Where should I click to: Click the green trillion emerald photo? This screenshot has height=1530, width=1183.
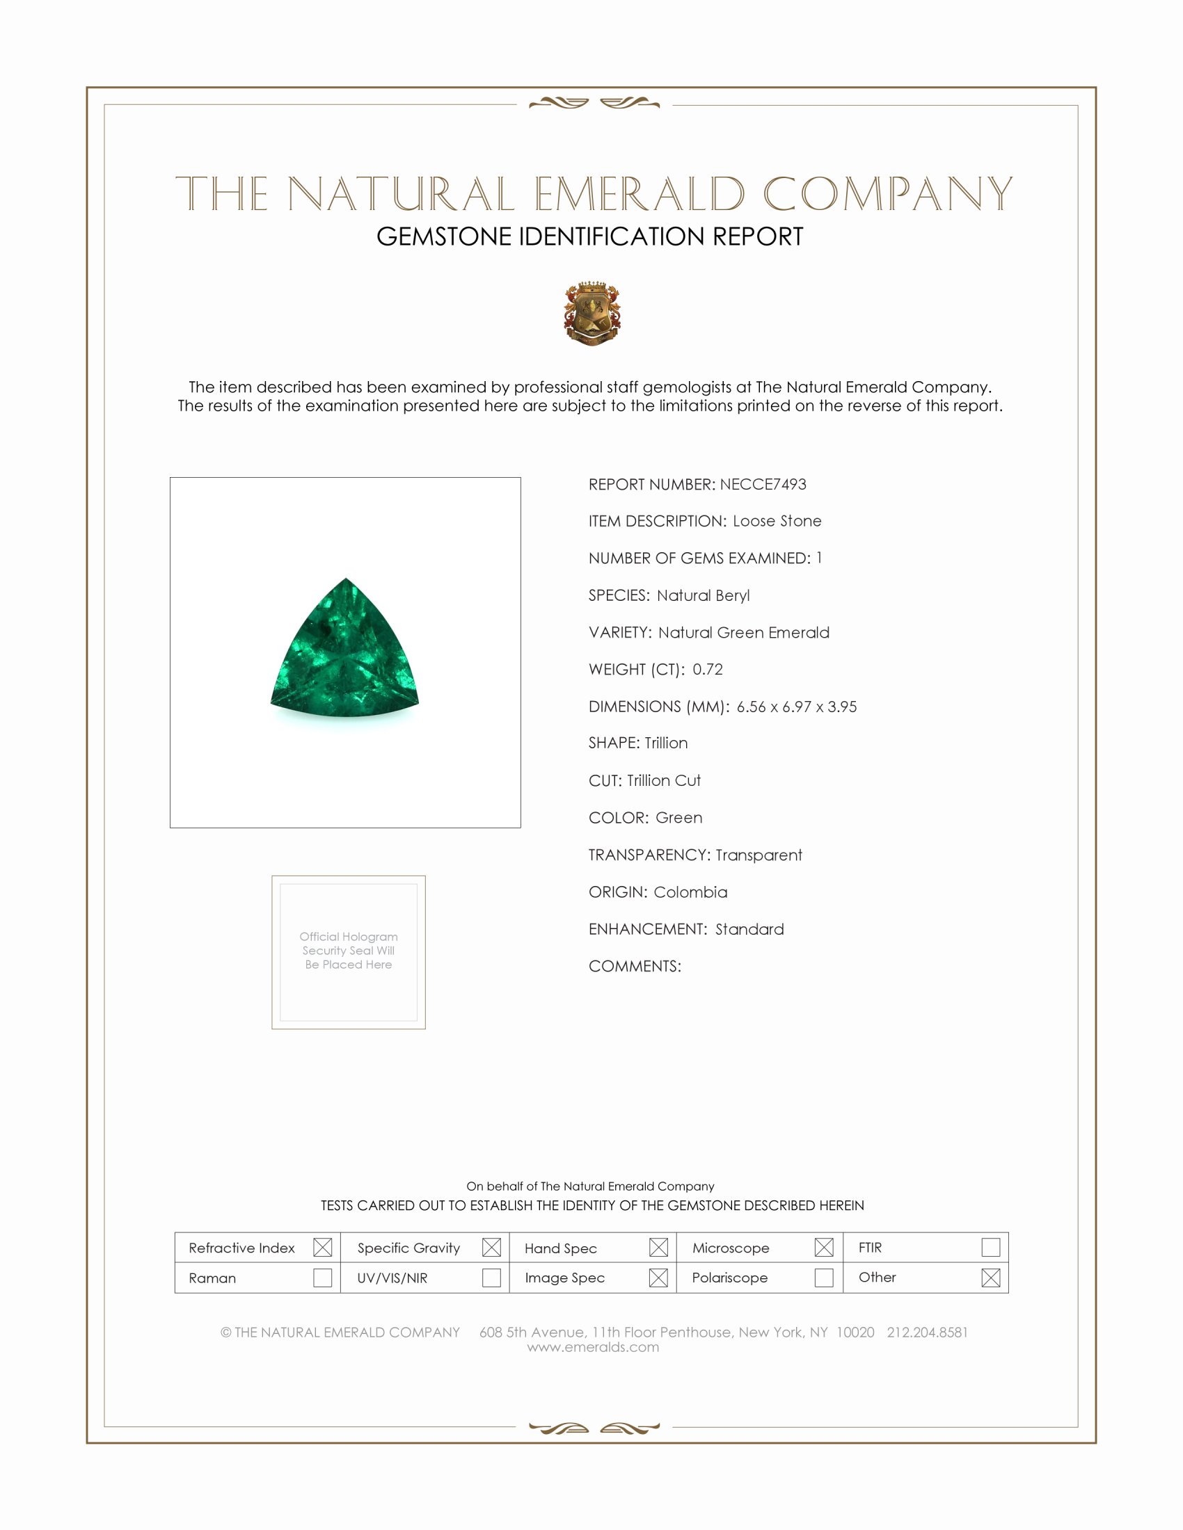(344, 648)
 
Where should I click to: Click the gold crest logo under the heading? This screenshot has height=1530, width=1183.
(592, 313)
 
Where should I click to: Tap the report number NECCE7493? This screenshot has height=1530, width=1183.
(763, 484)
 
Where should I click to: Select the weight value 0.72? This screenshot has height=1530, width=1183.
(707, 669)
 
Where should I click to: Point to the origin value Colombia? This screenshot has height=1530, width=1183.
(690, 892)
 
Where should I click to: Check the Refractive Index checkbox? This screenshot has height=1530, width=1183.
(322, 1247)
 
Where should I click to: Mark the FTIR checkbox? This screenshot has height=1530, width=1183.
(990, 1247)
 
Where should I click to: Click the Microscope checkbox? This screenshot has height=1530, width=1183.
(824, 1247)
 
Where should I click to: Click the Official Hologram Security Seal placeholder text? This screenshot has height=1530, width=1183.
(349, 950)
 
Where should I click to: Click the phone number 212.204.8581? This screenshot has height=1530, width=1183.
(927, 1332)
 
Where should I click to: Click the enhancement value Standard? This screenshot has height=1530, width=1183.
(749, 929)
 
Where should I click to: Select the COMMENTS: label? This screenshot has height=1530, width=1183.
(634, 966)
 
